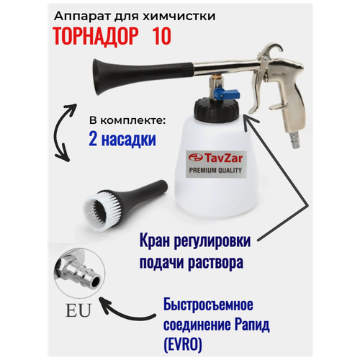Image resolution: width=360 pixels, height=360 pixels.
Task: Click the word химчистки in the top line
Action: [179, 14]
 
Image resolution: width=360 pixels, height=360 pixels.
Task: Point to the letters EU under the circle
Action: [76, 312]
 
